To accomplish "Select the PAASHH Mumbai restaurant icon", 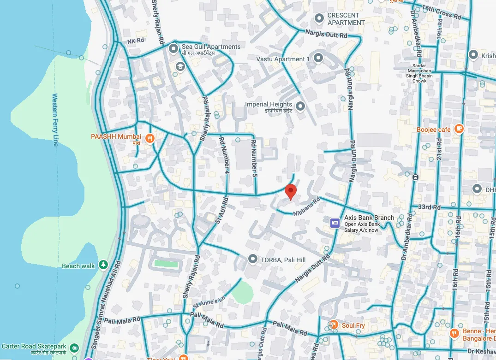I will click(x=149, y=138).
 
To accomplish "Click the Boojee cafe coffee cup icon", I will click(x=459, y=129).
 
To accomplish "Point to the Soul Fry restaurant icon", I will click(x=334, y=325).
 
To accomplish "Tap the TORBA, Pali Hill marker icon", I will click(x=252, y=260).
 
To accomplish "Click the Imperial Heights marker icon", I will click(x=300, y=107).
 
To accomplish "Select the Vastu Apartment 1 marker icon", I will click(x=318, y=58).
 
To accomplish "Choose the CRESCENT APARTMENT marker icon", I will click(x=319, y=18).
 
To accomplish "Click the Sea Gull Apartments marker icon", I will click(x=173, y=48).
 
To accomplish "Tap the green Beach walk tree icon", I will click(x=103, y=265).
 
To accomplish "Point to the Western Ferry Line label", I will click(x=55, y=120).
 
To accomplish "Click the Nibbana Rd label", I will click(x=307, y=207).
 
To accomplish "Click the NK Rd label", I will click(x=136, y=41).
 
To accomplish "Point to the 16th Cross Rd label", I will click(x=442, y=12).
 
